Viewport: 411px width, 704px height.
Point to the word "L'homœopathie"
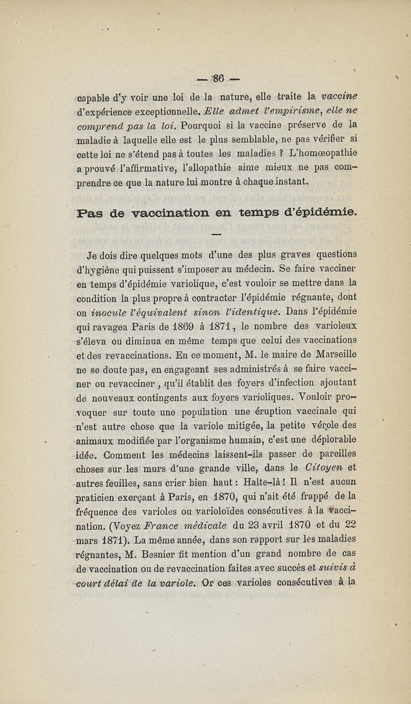(325, 153)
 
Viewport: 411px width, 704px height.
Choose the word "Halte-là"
(272, 481)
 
